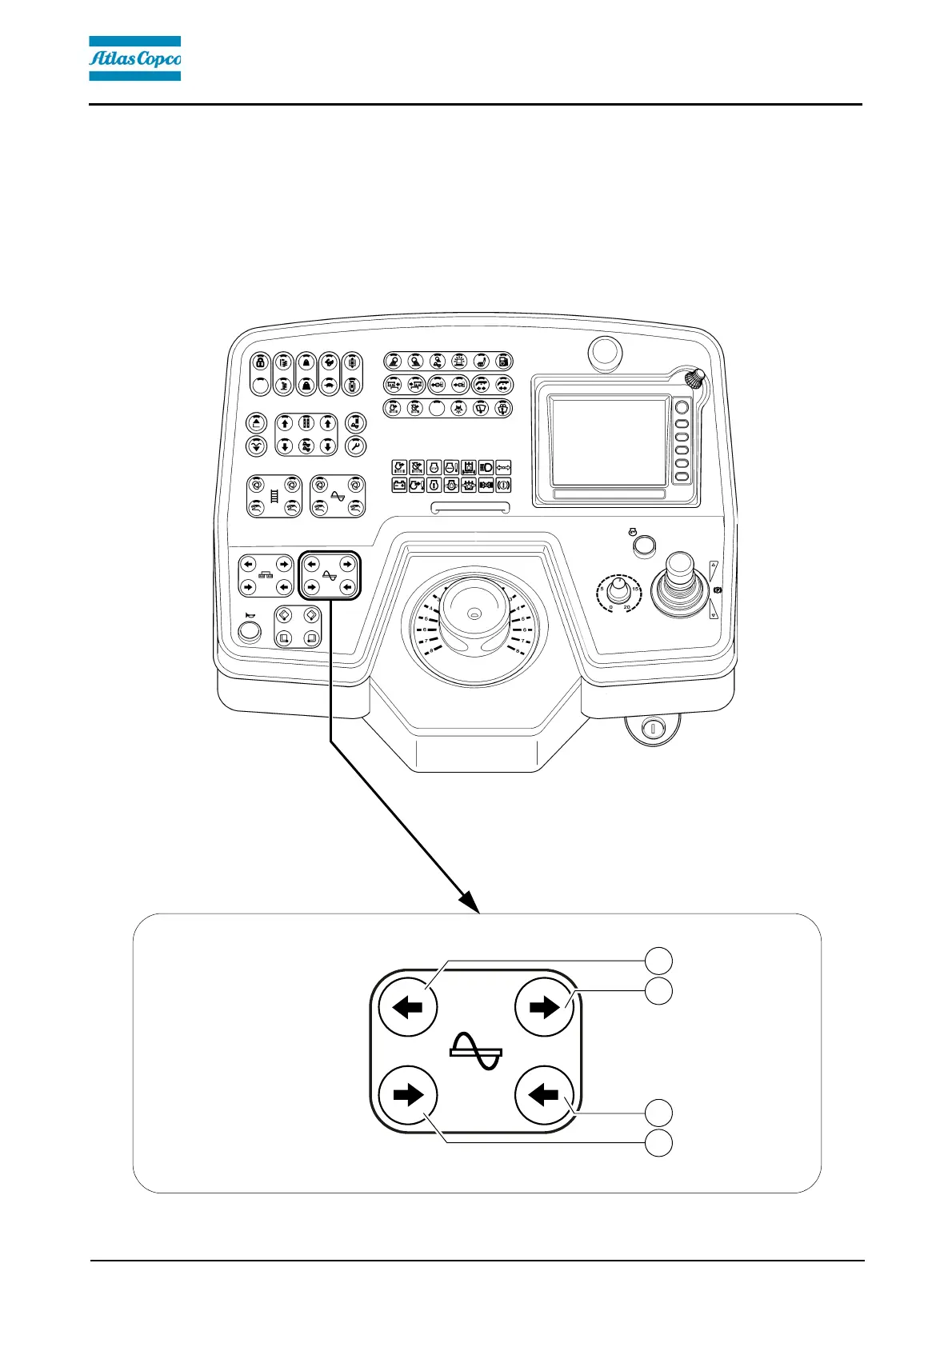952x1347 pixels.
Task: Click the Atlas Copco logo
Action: click(134, 58)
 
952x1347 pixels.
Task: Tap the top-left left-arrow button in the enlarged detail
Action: click(408, 1008)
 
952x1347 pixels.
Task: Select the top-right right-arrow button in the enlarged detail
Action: click(545, 1008)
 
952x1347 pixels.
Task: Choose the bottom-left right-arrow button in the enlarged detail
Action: click(408, 1094)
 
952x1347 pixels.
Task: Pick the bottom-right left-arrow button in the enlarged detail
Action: click(545, 1094)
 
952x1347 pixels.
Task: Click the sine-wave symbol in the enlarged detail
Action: click(476, 1051)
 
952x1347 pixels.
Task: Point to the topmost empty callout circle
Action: click(659, 960)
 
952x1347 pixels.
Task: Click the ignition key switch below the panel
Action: click(652, 729)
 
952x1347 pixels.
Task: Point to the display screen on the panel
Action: click(610, 442)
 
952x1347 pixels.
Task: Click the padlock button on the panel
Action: click(260, 362)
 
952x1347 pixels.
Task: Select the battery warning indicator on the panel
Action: click(399, 485)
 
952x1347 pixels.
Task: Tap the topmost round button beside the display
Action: click(682, 408)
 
